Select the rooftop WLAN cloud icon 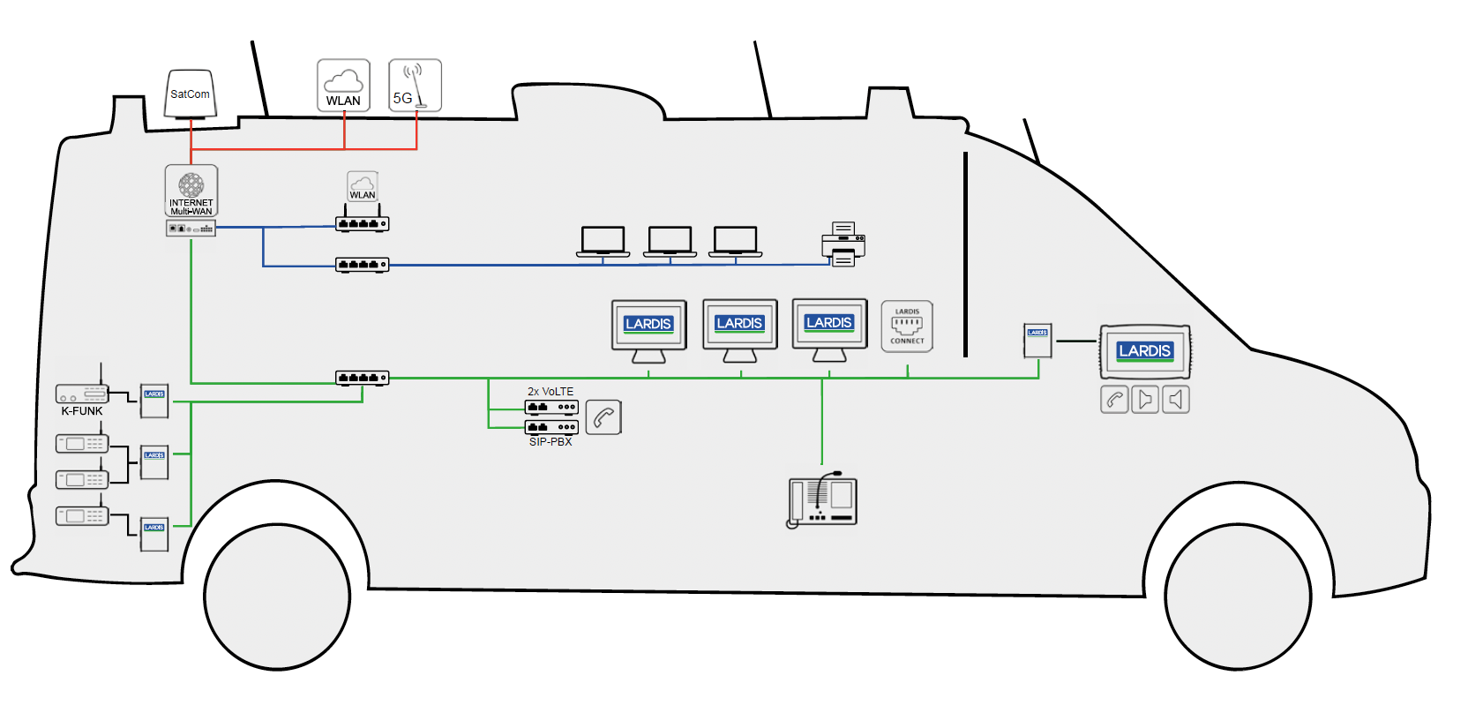[343, 86]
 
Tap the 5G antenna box [415, 86]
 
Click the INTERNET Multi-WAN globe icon [191, 185]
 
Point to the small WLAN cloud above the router [363, 186]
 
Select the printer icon [843, 244]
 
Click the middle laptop [670, 242]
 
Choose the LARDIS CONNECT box [907, 326]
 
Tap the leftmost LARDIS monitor [648, 330]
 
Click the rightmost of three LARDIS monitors [829, 329]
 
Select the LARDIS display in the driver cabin [1145, 351]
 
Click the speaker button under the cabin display [1176, 400]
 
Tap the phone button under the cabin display [1114, 400]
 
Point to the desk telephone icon [822, 499]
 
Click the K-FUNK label [82, 411]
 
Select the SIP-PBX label [550, 442]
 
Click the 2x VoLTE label [550, 391]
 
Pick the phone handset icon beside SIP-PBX [603, 417]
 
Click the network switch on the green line [362, 378]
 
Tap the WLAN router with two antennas [362, 223]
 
